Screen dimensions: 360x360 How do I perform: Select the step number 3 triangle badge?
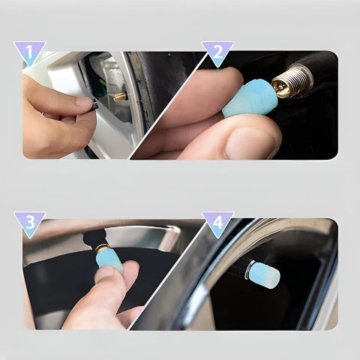[x=30, y=223]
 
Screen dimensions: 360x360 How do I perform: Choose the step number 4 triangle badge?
[x=217, y=223]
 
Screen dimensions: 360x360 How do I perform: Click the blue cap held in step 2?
[x=249, y=98]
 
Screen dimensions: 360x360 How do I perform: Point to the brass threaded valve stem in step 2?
[x=292, y=80]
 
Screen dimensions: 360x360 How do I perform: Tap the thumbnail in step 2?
[x=248, y=144]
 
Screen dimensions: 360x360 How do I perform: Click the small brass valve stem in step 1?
[x=120, y=97]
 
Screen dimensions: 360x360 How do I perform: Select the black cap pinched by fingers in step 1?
[x=94, y=105]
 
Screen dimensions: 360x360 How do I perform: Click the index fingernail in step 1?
[x=84, y=101]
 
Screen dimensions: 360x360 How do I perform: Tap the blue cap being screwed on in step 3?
[x=110, y=260]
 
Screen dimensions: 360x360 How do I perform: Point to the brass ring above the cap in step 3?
[x=102, y=247]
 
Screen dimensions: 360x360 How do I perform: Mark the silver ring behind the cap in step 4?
[x=250, y=269]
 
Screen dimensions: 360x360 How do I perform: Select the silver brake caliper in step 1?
[x=109, y=82]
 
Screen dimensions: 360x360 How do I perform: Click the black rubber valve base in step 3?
[x=95, y=238]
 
